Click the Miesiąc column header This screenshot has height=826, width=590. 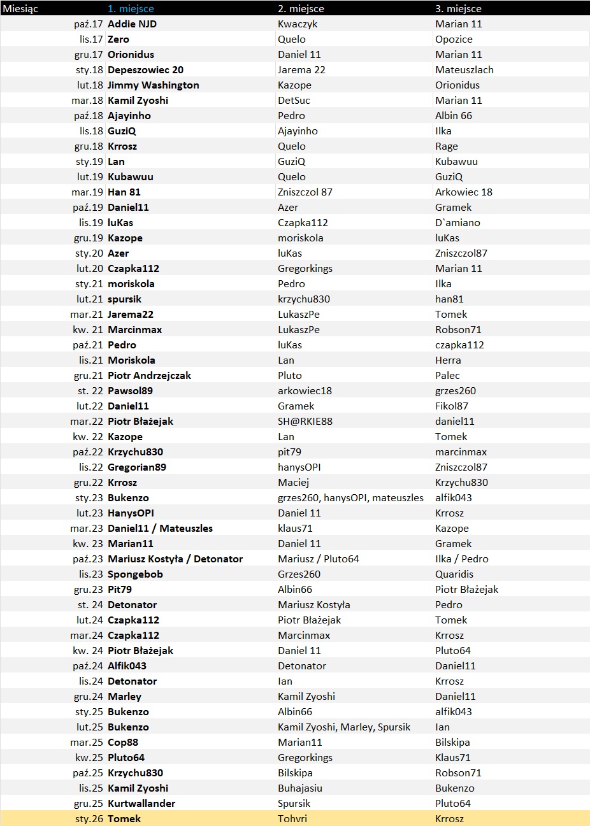pos(20,8)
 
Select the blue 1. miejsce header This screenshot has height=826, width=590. pos(131,8)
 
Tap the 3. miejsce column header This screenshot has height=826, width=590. pos(458,8)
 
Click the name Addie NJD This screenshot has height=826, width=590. pos(132,24)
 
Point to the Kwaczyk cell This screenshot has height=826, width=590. pos(298,24)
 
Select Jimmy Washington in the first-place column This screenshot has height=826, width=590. pos(153,85)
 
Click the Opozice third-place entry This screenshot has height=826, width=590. pos(454,39)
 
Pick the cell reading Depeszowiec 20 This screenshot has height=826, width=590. pos(145,69)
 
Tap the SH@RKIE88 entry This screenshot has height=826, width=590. pos(305,421)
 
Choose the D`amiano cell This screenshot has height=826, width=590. pos(457,222)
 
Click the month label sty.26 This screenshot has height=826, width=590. pos(89,818)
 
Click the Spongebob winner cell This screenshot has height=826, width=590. pos(135,574)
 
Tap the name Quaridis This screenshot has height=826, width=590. pos(454,574)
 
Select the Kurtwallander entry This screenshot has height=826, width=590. pos(141,803)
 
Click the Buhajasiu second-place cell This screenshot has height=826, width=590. pos(300,788)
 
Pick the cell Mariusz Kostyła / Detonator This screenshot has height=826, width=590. pos(175,559)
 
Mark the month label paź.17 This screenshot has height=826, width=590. pos(89,24)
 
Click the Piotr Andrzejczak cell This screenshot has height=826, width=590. pos(149,375)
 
